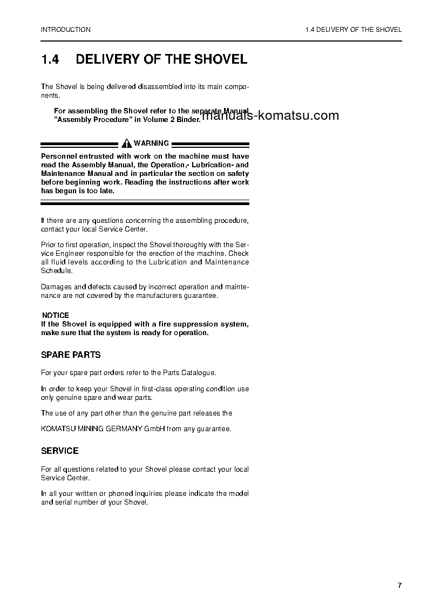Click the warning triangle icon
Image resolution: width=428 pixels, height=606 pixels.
pyautogui.click(x=127, y=144)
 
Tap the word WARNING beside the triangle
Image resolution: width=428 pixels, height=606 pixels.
pyautogui.click(x=152, y=144)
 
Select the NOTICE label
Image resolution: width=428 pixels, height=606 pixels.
pyautogui.click(x=56, y=315)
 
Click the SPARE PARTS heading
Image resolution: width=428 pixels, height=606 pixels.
pyautogui.click(x=71, y=355)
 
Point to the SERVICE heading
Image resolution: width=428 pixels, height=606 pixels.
pyautogui.click(x=60, y=451)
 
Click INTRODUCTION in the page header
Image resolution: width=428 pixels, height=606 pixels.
pyautogui.click(x=66, y=30)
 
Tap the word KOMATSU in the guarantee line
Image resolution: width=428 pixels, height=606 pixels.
pyautogui.click(x=58, y=429)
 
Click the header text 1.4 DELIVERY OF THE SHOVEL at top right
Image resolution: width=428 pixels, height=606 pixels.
pyautogui.click(x=353, y=30)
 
